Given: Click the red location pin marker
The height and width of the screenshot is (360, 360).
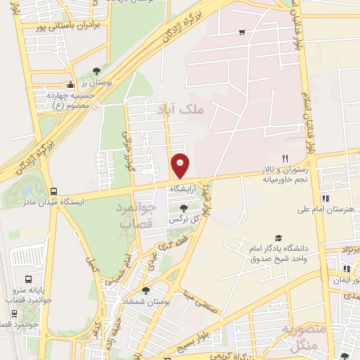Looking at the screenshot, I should (x=181, y=166).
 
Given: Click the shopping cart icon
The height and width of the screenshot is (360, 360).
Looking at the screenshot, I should (x=242, y=32).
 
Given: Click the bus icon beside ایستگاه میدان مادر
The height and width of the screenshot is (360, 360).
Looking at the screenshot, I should (x=54, y=191).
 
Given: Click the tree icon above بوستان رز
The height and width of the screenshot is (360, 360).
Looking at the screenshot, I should (x=96, y=70).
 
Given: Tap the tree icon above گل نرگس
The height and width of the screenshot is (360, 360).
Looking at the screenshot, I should (x=184, y=209).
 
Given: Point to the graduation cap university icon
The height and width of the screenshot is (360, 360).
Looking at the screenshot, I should (x=278, y=238).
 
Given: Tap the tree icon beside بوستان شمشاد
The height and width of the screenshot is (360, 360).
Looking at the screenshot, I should (x=145, y=290).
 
